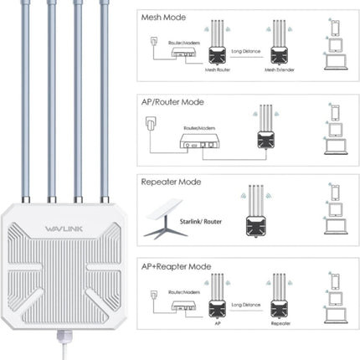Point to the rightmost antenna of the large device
point(105,100)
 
